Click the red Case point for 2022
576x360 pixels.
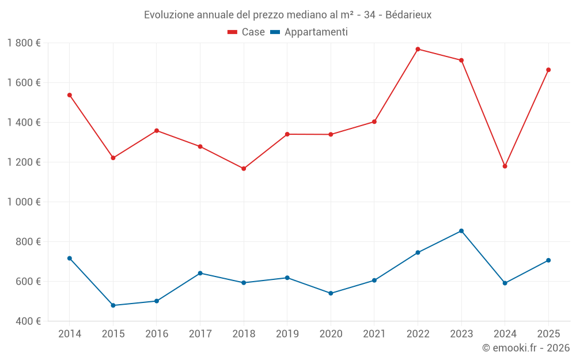click(x=418, y=49)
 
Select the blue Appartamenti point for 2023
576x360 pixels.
click(x=461, y=231)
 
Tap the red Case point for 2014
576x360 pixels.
click(x=70, y=95)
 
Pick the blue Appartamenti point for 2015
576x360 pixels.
click(x=113, y=305)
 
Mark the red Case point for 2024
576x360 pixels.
click(x=505, y=166)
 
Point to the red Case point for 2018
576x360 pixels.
click(x=244, y=169)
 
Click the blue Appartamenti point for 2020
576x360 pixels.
click(x=331, y=293)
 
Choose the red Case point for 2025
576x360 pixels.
click(x=548, y=70)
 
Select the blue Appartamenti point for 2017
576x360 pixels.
click(x=200, y=273)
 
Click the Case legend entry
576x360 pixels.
click(x=246, y=32)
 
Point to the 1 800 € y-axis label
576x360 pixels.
click(x=24, y=43)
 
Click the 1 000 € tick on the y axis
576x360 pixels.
click(x=24, y=202)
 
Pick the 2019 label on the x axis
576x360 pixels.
click(x=287, y=334)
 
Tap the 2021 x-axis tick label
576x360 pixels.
click(x=374, y=334)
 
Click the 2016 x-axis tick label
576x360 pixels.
click(x=157, y=334)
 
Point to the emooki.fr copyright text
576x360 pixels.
click(x=525, y=348)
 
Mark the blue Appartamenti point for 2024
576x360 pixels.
click(x=505, y=283)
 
